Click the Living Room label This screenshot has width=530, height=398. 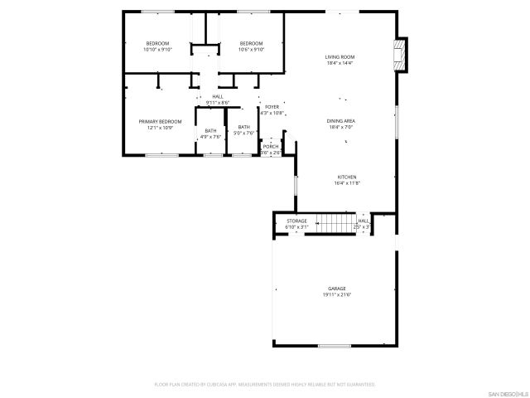[340, 56]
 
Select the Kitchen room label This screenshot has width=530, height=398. [346, 177]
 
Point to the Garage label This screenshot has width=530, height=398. [336, 289]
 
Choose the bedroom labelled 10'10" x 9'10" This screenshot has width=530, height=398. [157, 46]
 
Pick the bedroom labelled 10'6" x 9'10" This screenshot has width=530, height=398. [251, 46]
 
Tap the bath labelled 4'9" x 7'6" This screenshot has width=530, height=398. [211, 133]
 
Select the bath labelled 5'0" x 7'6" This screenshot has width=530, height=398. [243, 130]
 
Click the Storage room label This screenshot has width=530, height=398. [296, 221]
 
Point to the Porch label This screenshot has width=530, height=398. [271, 146]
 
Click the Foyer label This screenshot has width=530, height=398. [272, 107]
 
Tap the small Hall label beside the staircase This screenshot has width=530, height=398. [363, 221]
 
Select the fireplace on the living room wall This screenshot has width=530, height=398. [402, 55]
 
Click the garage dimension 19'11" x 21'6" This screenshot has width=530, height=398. [337, 294]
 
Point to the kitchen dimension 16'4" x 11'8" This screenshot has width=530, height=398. [346, 183]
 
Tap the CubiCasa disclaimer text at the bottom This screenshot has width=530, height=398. [265, 385]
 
